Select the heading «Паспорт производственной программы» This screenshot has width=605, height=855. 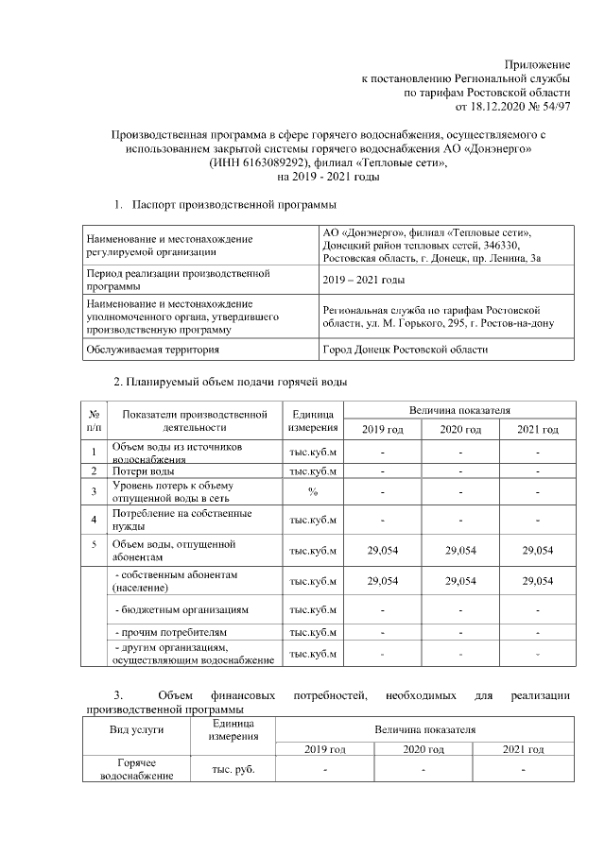coord(233,204)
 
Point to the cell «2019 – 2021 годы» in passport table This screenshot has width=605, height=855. coord(364,280)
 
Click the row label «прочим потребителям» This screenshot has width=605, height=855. coord(171,631)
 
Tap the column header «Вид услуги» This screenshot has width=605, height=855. coord(137,730)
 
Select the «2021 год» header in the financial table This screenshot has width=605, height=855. coord(523,749)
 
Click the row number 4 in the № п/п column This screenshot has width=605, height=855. coord(95,520)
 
